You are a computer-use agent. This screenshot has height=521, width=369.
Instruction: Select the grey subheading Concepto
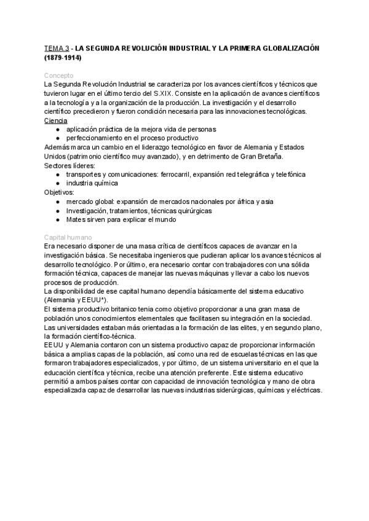pyautogui.click(x=58, y=75)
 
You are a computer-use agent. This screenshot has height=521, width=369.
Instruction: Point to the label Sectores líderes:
pyautogui.click(x=69, y=165)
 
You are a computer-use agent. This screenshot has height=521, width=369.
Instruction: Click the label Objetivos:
pyautogui.click(x=59, y=192)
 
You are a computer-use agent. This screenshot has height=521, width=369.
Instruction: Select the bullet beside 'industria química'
pyautogui.click(x=58, y=183)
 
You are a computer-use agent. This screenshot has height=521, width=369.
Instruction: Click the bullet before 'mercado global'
pyautogui.click(x=58, y=202)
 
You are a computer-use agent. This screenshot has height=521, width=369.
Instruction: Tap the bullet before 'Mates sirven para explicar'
pyautogui.click(x=58, y=219)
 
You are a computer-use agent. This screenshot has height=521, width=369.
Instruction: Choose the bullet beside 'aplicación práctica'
pyautogui.click(x=58, y=129)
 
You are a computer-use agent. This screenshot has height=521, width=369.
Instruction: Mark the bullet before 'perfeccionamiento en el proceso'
pyautogui.click(x=58, y=138)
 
